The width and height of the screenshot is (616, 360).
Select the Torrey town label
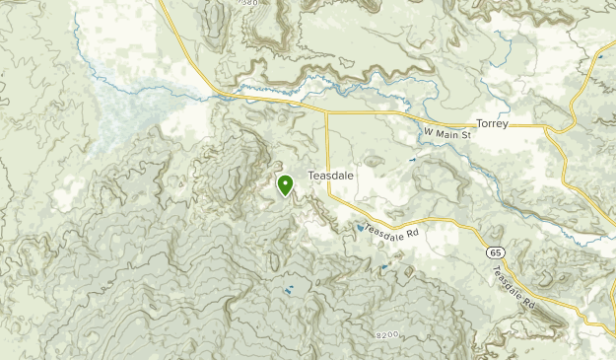click(491, 124)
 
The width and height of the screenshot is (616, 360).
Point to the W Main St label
click(448, 133)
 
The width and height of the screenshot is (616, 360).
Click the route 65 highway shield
click(493, 253)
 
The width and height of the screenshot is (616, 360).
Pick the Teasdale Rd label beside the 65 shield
click(513, 286)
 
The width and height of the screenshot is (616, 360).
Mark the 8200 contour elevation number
click(387, 335)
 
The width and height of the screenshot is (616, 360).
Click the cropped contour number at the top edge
click(249, 3)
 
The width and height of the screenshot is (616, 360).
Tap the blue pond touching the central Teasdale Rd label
click(360, 229)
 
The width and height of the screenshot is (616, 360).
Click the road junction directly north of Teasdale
click(326, 109)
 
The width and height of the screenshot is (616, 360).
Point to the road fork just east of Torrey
click(544, 126)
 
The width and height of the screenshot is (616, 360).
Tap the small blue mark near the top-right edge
click(600, 57)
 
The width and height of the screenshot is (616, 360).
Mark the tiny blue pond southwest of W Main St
click(412, 159)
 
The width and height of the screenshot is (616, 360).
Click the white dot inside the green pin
click(285, 181)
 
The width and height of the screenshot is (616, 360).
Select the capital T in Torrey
click(479, 124)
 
